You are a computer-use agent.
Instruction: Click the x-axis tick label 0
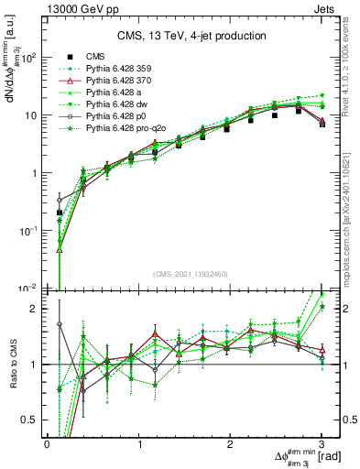47,444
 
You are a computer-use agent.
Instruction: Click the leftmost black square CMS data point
60,213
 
